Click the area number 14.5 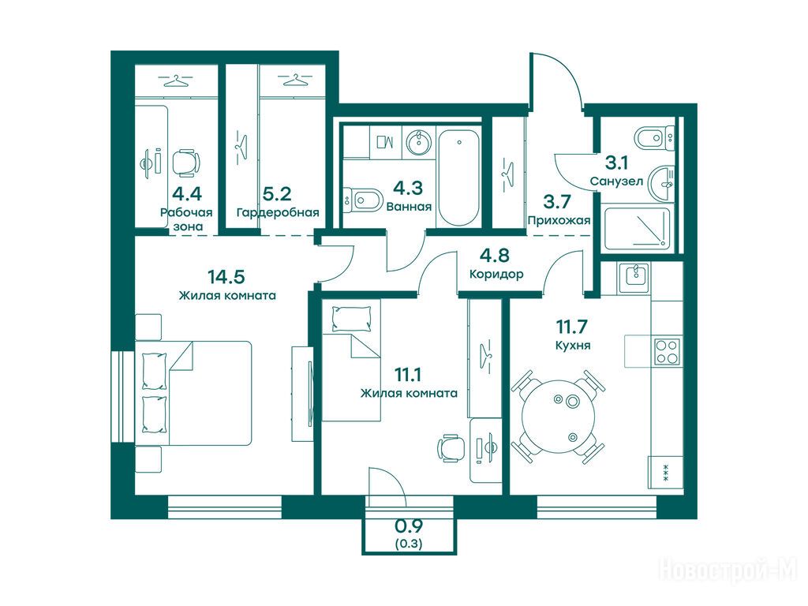pos(226,277)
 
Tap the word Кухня pos(573,346)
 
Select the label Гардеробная pos(278,212)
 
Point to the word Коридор pos(496,274)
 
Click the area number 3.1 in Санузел pos(616,163)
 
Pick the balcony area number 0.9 pos(409,526)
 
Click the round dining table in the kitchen pos(558,417)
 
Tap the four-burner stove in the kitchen pos(667,352)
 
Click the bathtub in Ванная pos(460,178)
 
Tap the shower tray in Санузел pos(638,229)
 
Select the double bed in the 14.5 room pos(194,393)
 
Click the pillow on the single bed pos(352,319)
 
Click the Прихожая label pos(559,221)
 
